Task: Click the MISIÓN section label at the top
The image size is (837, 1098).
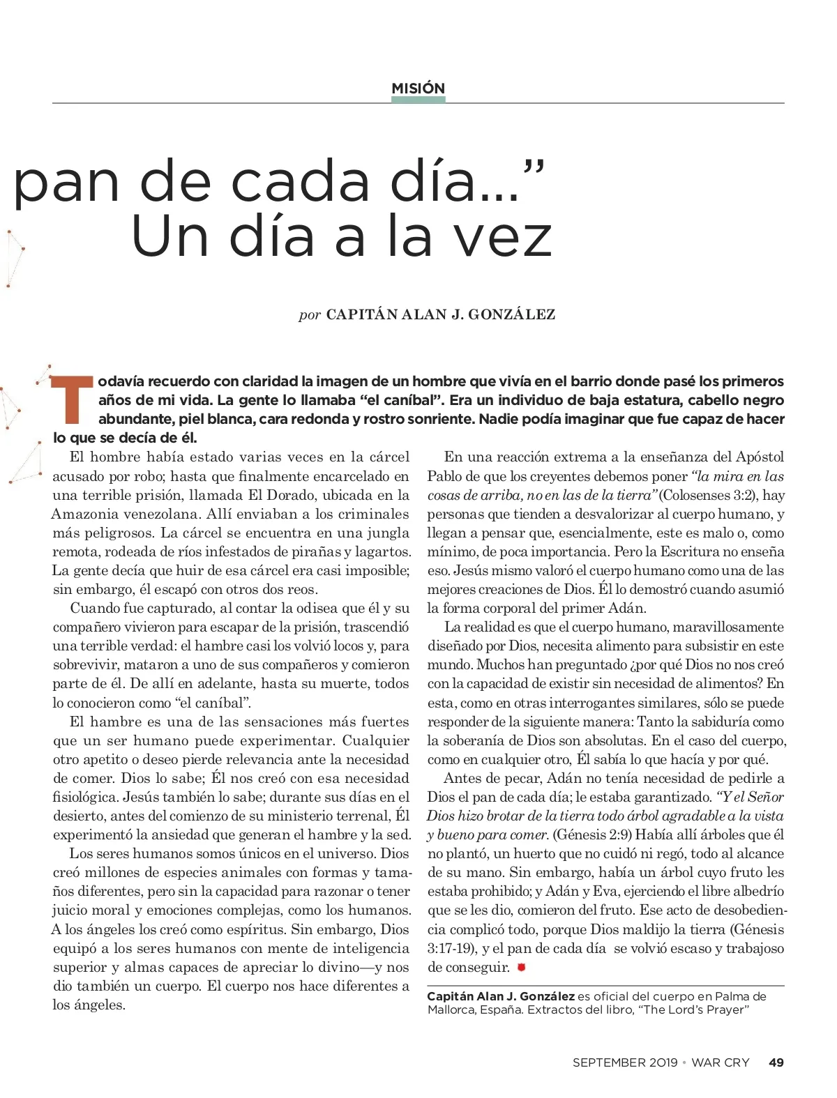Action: pyautogui.click(x=418, y=88)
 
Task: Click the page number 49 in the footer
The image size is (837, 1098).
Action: pyautogui.click(x=776, y=1062)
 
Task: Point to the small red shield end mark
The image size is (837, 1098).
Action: pyautogui.click(x=521, y=967)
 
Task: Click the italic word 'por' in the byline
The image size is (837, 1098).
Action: pyautogui.click(x=309, y=314)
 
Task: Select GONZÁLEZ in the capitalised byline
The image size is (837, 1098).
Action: pyautogui.click(x=511, y=314)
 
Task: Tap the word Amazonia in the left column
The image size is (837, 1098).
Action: pyautogui.click(x=86, y=514)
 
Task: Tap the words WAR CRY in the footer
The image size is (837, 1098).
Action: pyautogui.click(x=720, y=1062)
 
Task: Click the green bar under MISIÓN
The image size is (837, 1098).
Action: pyautogui.click(x=418, y=100)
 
